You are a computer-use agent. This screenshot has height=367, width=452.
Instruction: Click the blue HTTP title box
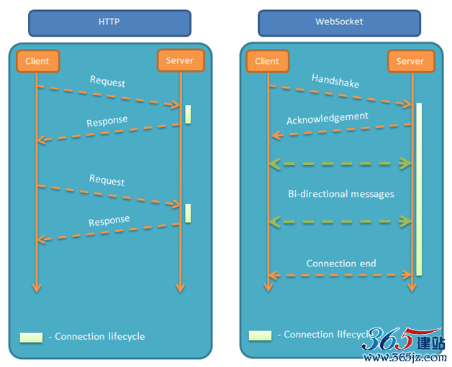point(109,23)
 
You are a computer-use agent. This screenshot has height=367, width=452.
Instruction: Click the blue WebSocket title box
point(339,23)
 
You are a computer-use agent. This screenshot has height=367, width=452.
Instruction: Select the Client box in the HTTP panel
point(37,61)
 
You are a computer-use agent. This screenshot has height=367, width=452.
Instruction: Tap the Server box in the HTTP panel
point(181,60)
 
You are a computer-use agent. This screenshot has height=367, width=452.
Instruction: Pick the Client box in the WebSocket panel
point(268,61)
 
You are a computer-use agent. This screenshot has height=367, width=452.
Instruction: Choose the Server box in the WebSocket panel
point(411,61)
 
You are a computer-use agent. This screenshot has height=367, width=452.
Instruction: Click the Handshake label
point(335,81)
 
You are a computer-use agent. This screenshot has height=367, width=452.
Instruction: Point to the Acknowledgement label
point(327,119)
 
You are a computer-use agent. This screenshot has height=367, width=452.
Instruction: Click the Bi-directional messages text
point(341,194)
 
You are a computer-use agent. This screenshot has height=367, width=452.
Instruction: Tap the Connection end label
point(341,263)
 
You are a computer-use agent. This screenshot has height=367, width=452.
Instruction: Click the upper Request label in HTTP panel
point(107,81)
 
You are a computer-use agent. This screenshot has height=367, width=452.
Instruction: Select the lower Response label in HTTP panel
point(109,220)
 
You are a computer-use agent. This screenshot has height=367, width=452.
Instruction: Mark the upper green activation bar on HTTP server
point(188,114)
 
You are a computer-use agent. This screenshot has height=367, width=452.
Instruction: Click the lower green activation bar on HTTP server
point(188,213)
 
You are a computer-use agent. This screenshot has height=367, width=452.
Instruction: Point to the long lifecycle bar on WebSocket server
point(419,190)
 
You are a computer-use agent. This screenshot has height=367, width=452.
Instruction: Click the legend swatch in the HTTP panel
point(31,338)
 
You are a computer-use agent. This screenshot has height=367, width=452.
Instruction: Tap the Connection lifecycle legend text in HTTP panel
point(97,336)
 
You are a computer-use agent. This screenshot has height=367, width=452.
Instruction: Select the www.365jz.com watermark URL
point(405,358)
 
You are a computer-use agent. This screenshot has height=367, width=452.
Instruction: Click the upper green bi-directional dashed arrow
point(340,164)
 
